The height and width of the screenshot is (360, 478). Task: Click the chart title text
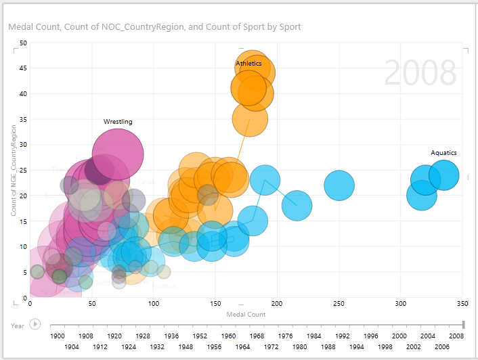click(x=154, y=27)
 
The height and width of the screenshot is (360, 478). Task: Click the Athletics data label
click(x=248, y=64)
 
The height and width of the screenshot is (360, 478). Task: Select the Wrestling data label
click(x=118, y=122)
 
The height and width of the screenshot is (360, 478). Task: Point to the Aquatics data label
click(x=443, y=153)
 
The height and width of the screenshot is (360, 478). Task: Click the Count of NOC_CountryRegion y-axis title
click(x=14, y=169)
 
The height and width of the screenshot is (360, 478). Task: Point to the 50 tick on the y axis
click(x=23, y=43)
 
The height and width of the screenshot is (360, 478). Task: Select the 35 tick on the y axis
click(x=23, y=119)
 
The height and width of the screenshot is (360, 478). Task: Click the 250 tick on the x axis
click(x=339, y=304)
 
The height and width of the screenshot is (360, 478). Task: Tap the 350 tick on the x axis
click(x=463, y=304)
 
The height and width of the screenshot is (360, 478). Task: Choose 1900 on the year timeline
click(x=58, y=336)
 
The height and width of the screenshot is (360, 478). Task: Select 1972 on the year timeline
click(x=271, y=346)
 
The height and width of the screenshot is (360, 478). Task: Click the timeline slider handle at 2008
click(x=463, y=325)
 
